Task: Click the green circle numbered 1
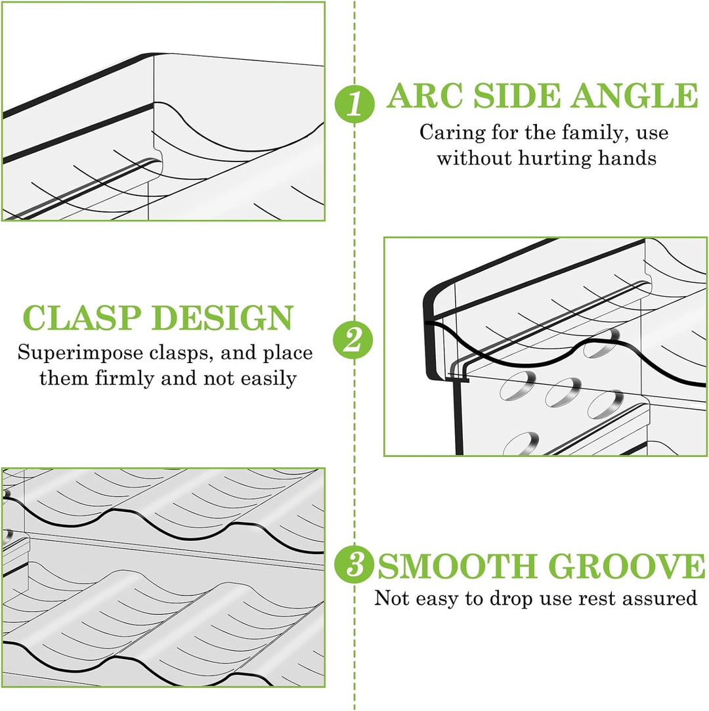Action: click(354, 104)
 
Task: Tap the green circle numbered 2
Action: click(353, 339)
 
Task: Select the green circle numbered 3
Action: click(354, 565)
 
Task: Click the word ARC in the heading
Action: click(425, 96)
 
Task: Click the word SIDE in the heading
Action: click(517, 96)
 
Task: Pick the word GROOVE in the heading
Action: click(627, 566)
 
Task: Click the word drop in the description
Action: click(511, 599)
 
